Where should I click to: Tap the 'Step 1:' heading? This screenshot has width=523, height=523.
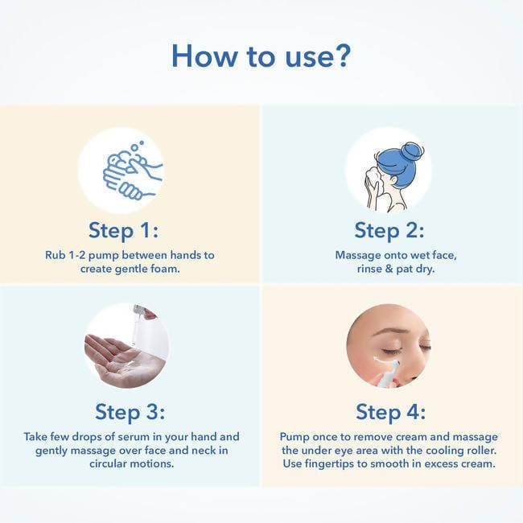(123, 230)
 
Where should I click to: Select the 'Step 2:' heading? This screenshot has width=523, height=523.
(389, 230)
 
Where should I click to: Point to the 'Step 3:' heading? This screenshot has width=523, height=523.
(130, 412)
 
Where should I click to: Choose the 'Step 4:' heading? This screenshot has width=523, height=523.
(391, 412)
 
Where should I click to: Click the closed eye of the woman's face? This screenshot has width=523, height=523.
(393, 351)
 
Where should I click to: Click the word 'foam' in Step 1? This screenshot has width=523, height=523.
(165, 269)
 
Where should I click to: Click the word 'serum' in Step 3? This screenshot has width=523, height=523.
(133, 437)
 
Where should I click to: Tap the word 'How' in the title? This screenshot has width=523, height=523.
(204, 56)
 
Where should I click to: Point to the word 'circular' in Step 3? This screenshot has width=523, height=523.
(107, 463)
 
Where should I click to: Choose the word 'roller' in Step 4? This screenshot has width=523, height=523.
(480, 451)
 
